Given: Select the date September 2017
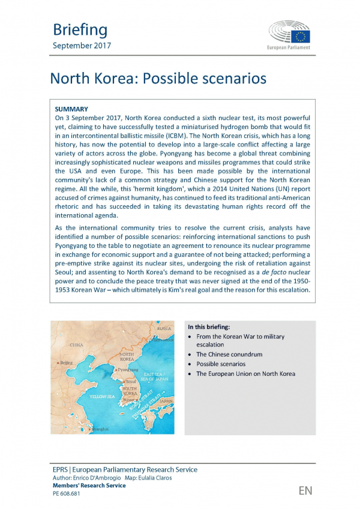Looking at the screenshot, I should point(81,46).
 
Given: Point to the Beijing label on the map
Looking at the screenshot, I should point(65,363).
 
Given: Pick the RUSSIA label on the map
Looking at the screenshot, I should point(164,328).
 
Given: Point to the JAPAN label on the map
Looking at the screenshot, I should point(165,400).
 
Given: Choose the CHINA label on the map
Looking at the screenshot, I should point(76,345).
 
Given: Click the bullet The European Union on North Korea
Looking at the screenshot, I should point(245,373).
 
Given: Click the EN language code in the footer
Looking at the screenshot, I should point(305,491).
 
